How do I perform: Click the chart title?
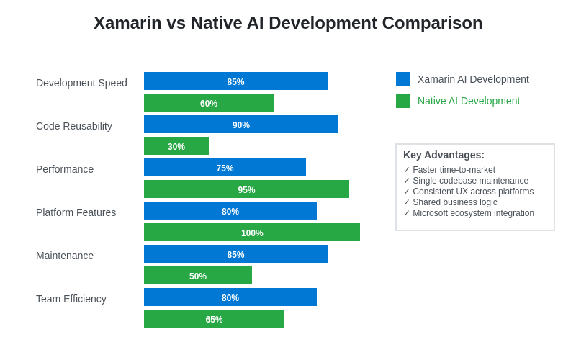coord(288,23)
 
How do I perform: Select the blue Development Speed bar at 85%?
coord(235,81)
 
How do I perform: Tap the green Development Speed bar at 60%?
coord(209,103)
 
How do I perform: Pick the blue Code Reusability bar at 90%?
coord(241,125)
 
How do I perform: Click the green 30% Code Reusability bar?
coord(176,146)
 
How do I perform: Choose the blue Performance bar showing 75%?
coord(225,168)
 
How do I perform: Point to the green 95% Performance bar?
coord(246,189)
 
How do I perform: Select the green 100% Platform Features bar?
coord(252,233)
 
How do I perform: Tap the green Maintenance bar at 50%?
coord(198,276)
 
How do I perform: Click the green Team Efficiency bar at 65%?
coord(214,319)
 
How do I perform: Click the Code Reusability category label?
coord(74,126)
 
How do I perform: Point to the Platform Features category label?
coord(76,212)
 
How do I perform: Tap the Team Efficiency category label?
coord(71,299)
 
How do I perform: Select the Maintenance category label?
coord(65,256)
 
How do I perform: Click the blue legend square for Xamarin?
coord(403,79)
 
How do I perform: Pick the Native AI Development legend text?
coord(469,101)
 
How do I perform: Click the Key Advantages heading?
coord(444,155)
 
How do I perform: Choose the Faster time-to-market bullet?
coord(449,170)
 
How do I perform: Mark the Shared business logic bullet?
coord(450,202)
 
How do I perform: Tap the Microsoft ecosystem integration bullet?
coord(469,213)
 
